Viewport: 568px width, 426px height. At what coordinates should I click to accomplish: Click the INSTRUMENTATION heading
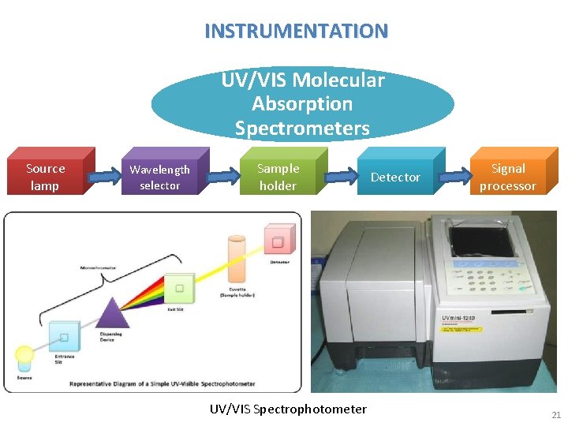(296, 32)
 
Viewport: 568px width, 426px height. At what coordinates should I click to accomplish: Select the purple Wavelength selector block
(160, 176)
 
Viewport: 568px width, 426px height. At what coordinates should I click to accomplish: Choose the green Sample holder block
(278, 176)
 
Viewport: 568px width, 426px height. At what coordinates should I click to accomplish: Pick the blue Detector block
(395, 177)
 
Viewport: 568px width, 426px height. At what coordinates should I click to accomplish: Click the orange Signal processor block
(508, 176)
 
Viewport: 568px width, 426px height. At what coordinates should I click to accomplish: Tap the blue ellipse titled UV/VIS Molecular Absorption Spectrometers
(302, 103)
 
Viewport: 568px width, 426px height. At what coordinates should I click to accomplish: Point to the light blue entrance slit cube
(64, 338)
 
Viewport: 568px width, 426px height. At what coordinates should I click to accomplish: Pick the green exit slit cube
(180, 289)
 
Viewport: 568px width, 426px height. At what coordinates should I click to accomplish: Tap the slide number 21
(555, 415)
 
